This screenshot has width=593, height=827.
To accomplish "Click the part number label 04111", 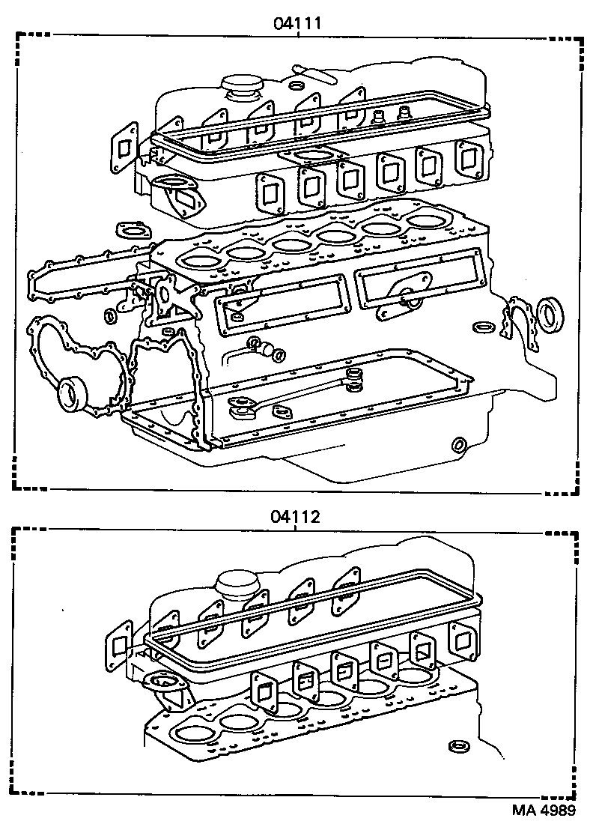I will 296,22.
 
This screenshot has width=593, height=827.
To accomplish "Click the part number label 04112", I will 296,516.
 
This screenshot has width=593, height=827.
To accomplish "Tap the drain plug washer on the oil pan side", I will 459,446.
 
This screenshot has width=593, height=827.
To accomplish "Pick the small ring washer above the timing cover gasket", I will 109,315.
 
